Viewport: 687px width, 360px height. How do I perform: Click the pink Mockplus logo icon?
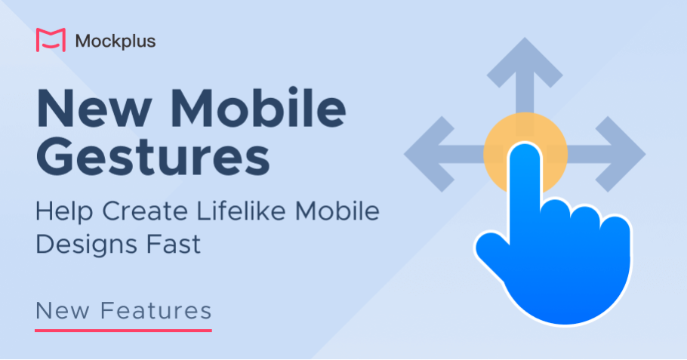51,40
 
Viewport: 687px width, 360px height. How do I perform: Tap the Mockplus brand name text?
116,42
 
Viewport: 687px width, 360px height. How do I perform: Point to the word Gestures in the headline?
153,156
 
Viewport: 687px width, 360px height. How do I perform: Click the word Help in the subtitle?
64,212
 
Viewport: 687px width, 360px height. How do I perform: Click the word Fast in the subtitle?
174,245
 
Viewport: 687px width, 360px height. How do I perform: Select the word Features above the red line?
156,310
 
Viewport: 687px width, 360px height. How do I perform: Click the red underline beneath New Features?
123,331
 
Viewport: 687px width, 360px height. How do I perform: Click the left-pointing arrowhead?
429,154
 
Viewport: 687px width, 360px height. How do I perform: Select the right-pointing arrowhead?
621,154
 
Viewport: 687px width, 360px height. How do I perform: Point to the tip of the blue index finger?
525,146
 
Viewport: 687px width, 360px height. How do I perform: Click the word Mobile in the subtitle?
337,211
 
